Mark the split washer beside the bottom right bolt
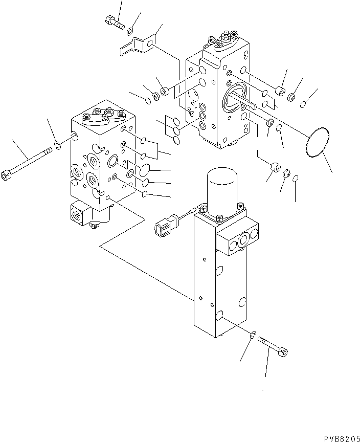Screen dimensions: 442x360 pos(253,335)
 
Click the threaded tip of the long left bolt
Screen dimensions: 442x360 pos(49,151)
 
